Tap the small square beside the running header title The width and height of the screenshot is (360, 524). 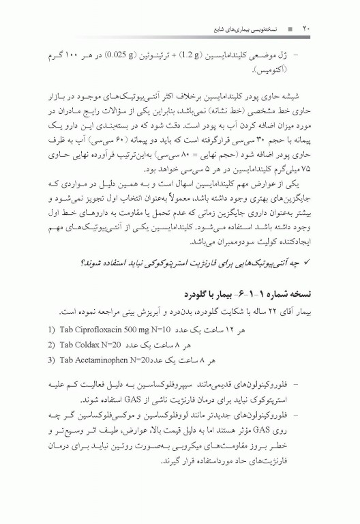(290, 30)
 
